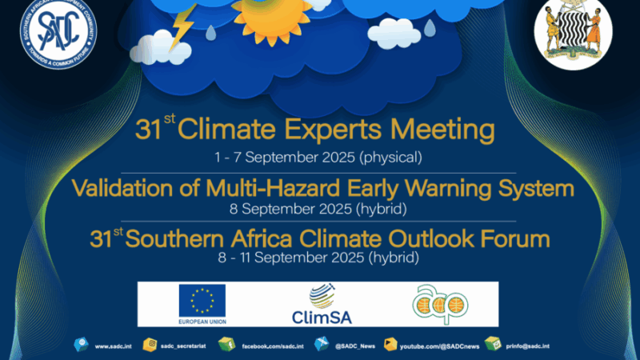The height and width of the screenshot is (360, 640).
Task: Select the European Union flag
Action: point(202,301)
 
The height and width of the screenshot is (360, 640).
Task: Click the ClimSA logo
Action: point(318,305)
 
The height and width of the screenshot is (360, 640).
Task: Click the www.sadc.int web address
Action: point(112,346)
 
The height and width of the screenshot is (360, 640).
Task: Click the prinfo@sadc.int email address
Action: point(528,346)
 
